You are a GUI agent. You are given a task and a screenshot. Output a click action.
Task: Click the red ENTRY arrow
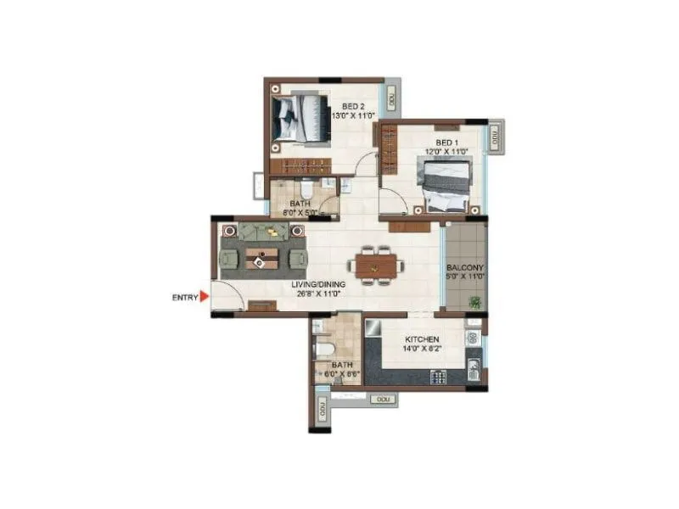pos(205,297)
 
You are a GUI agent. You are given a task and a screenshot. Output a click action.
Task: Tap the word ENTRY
pos(184,297)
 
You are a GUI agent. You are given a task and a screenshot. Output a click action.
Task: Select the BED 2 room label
pos(341,106)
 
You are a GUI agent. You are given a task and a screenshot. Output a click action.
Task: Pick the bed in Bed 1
pos(443,188)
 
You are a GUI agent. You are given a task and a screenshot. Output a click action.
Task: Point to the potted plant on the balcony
pos(475,302)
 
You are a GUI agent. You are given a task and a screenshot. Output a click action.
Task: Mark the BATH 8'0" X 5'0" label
pos(301,208)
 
